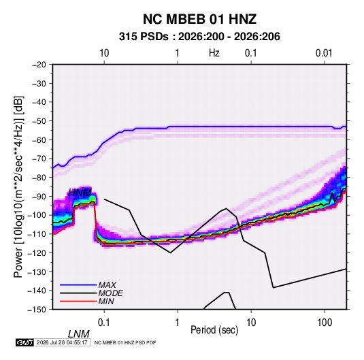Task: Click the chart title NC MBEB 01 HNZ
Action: [x=199, y=19]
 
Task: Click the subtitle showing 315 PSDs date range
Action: [x=199, y=37]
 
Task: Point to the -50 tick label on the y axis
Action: [x=39, y=121]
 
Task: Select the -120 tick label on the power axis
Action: [x=37, y=253]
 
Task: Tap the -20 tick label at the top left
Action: [x=39, y=65]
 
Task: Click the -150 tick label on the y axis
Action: [x=37, y=310]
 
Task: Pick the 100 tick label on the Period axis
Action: [x=325, y=323]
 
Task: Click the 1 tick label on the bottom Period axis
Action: [x=178, y=323]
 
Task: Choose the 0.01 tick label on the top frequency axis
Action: [x=324, y=53]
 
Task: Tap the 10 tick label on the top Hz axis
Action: [x=104, y=53]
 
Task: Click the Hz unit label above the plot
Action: [x=214, y=53]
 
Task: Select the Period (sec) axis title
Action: [x=214, y=330]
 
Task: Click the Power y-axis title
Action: [x=18, y=186]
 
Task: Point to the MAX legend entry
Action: [x=107, y=285]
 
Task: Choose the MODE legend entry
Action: [x=110, y=293]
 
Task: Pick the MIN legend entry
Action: [x=106, y=301]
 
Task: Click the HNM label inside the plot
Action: [x=80, y=193]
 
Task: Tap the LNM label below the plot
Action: [x=78, y=334]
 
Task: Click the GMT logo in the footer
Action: [x=25, y=342]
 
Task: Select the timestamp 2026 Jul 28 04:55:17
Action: [x=62, y=342]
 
